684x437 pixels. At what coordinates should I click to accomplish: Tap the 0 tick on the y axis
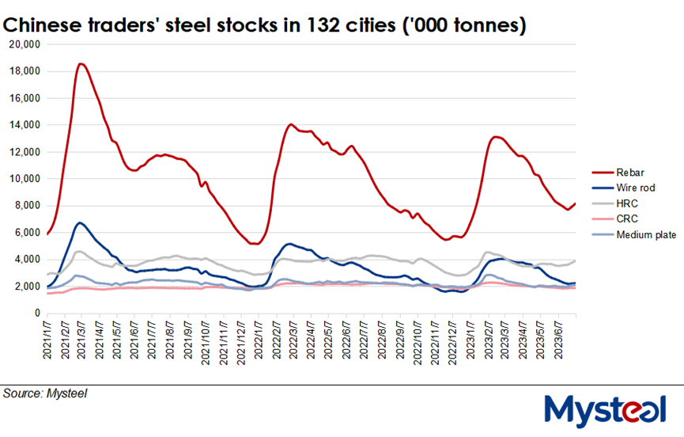tap(36, 313)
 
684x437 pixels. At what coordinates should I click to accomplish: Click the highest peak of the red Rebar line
tap(81, 63)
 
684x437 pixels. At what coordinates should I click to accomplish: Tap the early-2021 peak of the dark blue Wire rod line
tap(80, 222)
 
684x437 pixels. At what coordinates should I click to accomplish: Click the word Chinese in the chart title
tap(43, 25)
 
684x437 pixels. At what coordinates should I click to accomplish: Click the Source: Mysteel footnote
tap(45, 393)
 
